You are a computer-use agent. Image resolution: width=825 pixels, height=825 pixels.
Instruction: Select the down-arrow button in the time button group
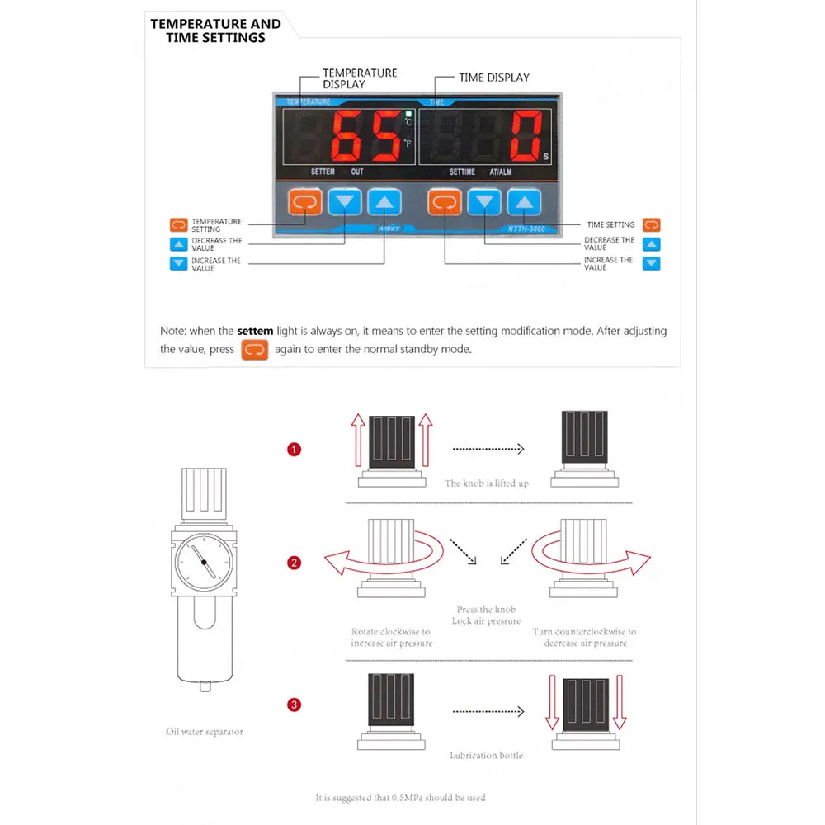(x=485, y=201)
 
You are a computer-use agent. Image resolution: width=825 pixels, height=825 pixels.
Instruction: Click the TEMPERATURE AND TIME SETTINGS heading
(x=215, y=31)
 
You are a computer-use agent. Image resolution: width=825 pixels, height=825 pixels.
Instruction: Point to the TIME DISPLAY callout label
(x=493, y=78)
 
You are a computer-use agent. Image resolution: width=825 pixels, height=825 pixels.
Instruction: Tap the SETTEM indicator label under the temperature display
(x=323, y=172)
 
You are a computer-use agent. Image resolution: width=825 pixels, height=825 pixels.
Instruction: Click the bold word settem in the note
(x=254, y=331)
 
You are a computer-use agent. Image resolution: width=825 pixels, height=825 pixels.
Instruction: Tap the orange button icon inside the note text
(x=255, y=349)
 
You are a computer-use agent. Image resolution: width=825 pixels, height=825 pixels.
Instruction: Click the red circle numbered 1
(x=294, y=450)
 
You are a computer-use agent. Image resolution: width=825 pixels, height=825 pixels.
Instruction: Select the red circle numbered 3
(x=294, y=705)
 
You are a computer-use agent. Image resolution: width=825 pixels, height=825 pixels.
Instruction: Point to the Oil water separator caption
(x=205, y=732)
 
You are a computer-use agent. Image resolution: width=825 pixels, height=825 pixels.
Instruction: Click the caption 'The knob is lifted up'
(x=487, y=483)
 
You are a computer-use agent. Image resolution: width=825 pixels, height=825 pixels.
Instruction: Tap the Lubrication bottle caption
(x=486, y=755)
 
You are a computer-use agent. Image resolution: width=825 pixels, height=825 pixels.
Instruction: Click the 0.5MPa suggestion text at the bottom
(x=400, y=798)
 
